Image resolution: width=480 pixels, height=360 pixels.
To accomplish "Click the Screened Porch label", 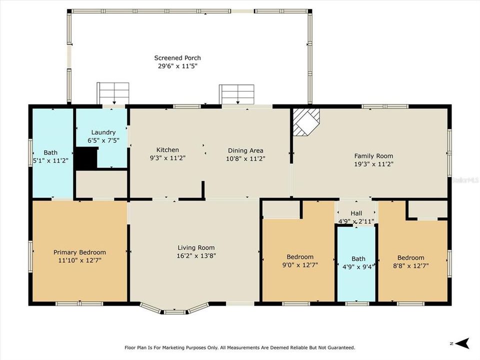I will tap(177, 58).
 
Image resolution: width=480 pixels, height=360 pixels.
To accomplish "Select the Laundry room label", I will tap(103, 132).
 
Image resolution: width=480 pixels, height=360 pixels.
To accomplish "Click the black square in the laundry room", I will tap(85, 158).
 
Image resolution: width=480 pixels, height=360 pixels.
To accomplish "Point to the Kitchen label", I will tap(167, 150).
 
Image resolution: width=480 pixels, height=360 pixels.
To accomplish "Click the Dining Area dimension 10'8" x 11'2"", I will tap(245, 158).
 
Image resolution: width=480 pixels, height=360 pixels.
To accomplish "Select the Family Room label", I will tap(373, 156).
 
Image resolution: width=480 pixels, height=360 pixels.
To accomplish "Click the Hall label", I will tap(356, 213).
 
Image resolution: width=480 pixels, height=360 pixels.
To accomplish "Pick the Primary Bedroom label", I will tap(79, 252).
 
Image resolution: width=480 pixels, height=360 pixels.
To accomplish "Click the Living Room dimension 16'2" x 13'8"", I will tap(196, 255).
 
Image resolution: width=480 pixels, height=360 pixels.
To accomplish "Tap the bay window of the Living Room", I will tap(174, 310).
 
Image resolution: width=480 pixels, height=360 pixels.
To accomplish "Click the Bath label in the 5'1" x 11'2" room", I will tap(50, 152).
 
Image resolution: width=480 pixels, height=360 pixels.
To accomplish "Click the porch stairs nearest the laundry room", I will tap(113, 93).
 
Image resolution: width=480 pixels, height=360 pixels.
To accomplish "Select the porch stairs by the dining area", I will tap(236, 94).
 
